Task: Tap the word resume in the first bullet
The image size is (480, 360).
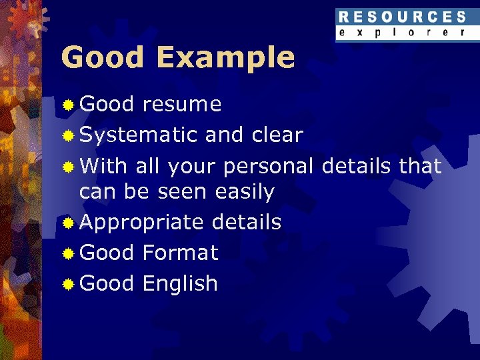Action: [x=182, y=105]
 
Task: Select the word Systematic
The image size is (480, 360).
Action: [x=138, y=135]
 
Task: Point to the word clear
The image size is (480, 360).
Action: [x=277, y=135]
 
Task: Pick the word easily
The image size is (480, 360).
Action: [x=245, y=193]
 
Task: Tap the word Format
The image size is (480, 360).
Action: [x=180, y=253]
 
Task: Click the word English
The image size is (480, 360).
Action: [x=180, y=284]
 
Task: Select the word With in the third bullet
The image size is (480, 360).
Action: [x=104, y=166]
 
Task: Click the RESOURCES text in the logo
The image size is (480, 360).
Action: [x=402, y=17]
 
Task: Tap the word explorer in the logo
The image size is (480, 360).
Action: [x=402, y=32]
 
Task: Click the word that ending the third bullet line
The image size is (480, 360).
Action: [x=420, y=166]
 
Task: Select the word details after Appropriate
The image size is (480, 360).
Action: [x=246, y=223]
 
